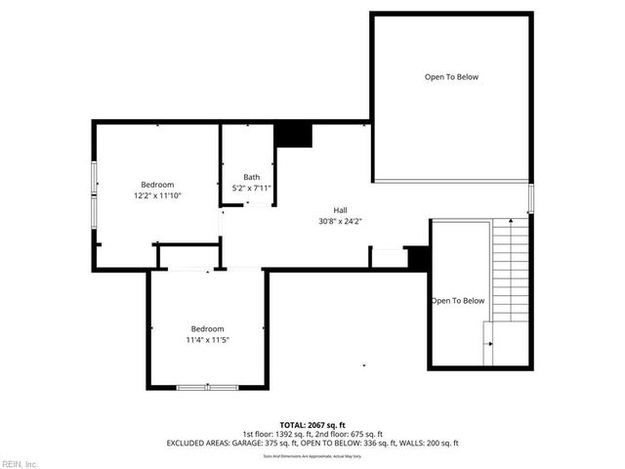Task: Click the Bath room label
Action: click(252, 177)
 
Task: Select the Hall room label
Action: click(340, 210)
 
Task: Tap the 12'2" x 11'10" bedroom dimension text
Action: click(157, 195)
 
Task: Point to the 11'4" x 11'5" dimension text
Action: click(207, 339)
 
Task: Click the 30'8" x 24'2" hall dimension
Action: click(340, 221)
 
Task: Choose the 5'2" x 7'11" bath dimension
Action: click(252, 188)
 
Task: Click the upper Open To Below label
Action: click(451, 77)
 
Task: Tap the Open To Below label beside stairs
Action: click(458, 301)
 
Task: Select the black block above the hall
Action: click(293, 135)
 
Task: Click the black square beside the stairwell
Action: click(418, 258)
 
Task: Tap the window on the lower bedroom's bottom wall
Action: click(207, 388)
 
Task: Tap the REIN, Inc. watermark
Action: click(20, 462)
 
